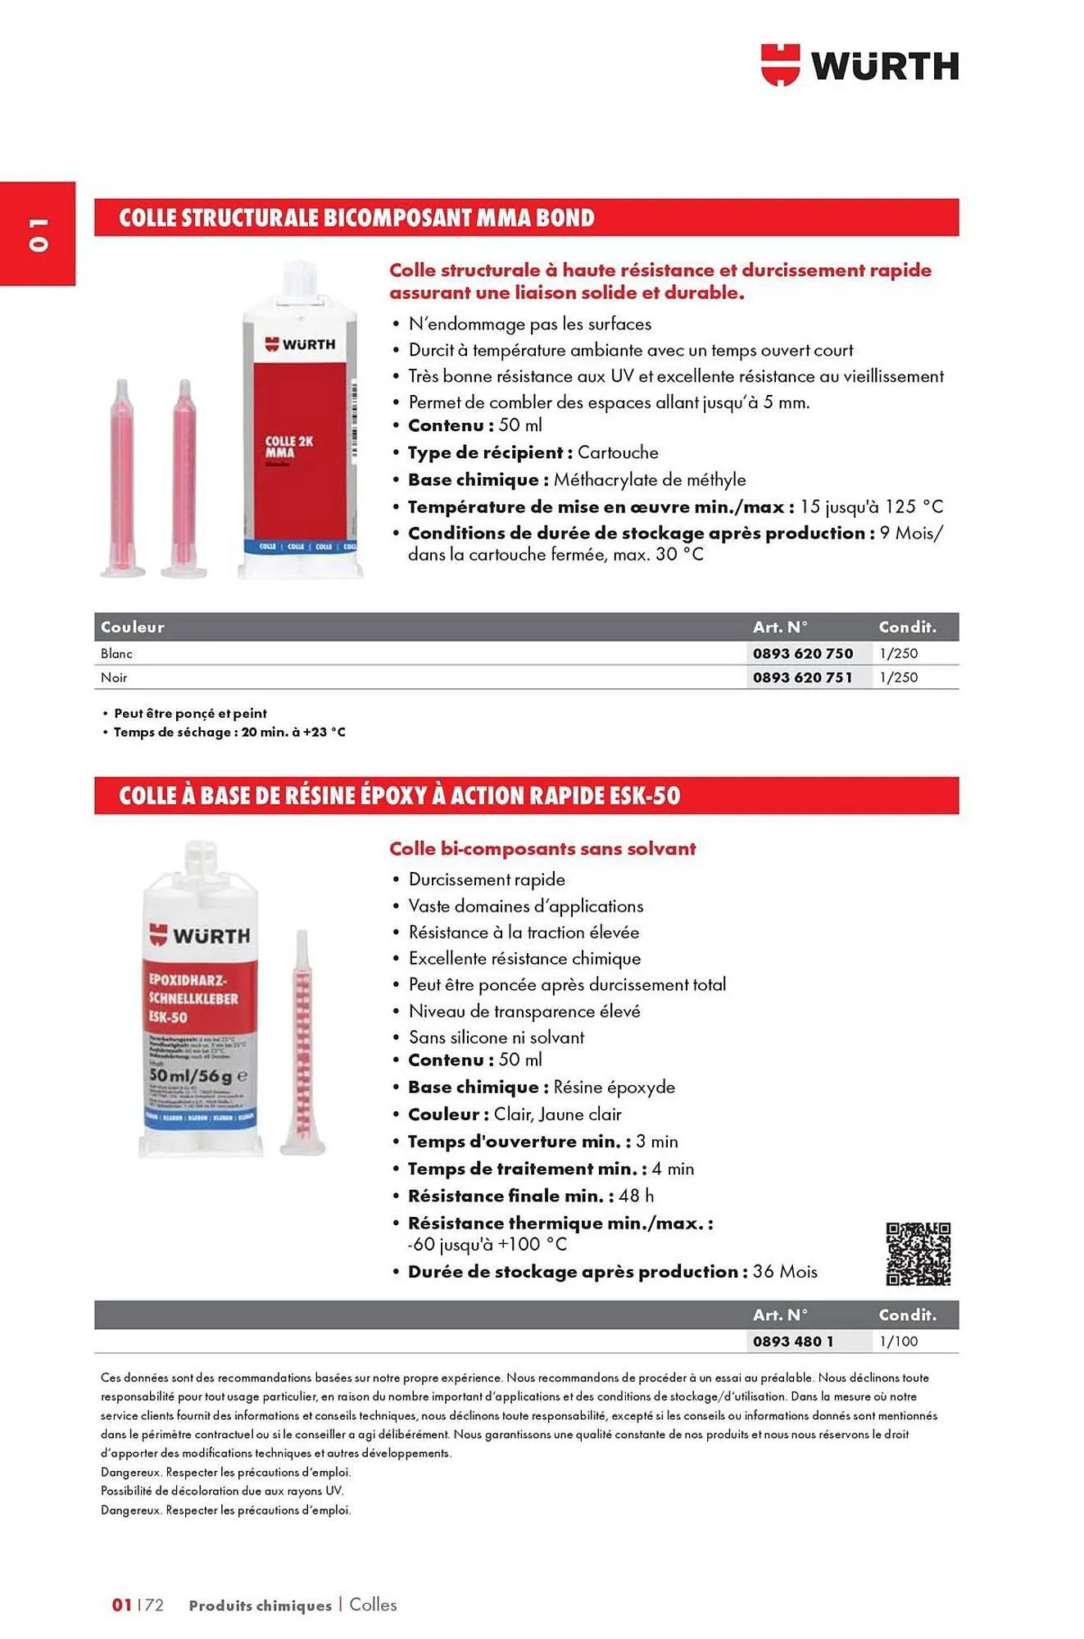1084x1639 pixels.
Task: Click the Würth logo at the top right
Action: [859, 66]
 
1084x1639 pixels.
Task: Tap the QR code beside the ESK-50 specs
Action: [918, 1254]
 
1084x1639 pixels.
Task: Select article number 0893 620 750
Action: [803, 653]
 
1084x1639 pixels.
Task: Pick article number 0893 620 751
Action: [803, 678]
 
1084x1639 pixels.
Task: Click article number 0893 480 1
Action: [793, 1342]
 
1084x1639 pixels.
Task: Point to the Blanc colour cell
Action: [116, 653]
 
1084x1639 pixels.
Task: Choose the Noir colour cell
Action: [114, 678]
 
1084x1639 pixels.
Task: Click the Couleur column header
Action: [133, 627]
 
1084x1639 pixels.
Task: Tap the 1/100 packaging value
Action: [899, 1342]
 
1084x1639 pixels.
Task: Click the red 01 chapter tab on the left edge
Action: [38, 234]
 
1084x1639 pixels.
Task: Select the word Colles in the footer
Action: [373, 1605]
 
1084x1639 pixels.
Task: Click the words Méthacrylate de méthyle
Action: [650, 479]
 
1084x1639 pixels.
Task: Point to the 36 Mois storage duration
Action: [785, 1272]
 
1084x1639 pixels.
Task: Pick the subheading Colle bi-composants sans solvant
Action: [542, 849]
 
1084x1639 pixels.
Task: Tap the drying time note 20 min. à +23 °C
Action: [293, 732]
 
